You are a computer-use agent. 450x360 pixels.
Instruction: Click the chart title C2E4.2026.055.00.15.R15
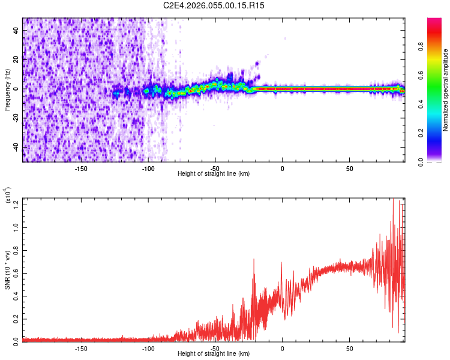pos(214,5)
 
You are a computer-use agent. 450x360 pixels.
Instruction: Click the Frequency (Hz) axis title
pos(7,90)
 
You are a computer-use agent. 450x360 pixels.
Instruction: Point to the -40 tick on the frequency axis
pos(17,148)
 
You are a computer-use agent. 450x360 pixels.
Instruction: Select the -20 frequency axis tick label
pos(17,119)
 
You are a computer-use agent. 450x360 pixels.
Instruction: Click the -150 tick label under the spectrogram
pos(81,168)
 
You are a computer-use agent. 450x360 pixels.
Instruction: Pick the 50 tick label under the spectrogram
pos(349,168)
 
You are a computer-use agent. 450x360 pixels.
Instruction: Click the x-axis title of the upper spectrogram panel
pos(214,173)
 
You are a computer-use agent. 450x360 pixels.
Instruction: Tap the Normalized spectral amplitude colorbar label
pos(445,90)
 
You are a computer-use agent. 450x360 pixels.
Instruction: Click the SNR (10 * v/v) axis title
pos(7,269)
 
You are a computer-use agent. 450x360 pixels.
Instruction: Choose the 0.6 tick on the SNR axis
pos(17,272)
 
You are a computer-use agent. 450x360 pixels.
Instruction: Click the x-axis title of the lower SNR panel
pos(214,354)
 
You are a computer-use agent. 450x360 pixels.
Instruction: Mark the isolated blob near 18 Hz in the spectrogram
pos(257,63)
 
